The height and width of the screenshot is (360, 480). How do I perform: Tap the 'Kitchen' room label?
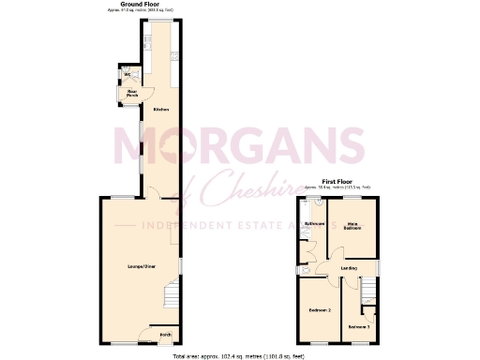click(x=161, y=111)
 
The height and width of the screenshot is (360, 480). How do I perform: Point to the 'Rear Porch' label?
click(x=132, y=93)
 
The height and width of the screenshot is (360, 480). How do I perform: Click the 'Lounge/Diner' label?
click(x=141, y=267)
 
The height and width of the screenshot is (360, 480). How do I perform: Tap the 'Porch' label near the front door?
click(x=164, y=334)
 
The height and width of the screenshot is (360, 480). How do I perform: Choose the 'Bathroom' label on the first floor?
click(x=315, y=224)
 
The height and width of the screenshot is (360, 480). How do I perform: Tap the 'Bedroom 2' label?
click(x=319, y=308)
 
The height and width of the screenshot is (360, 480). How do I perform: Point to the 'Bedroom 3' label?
click(x=358, y=325)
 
